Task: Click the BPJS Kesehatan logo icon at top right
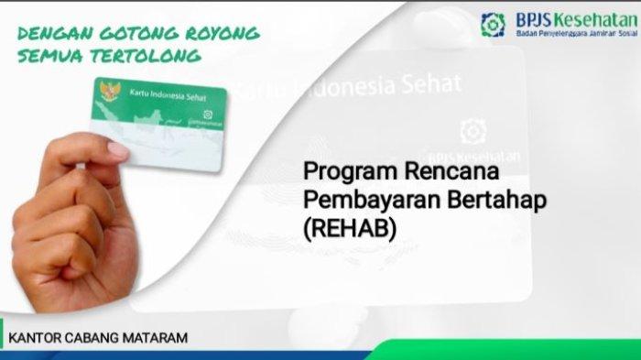[x=493, y=25]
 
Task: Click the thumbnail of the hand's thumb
[x=118, y=148]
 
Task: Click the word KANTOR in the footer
[x=33, y=338]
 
